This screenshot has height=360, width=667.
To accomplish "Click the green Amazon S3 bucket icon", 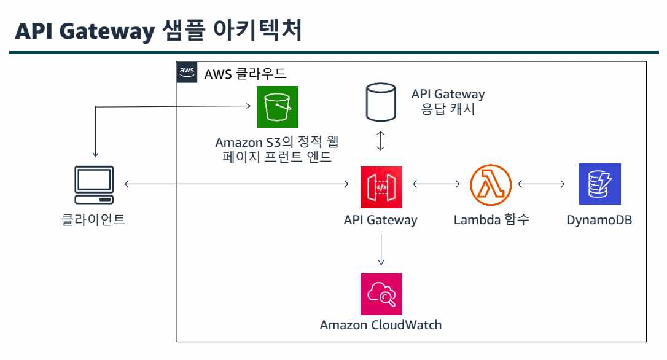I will click(x=277, y=107).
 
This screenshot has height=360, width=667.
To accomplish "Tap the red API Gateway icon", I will click(x=381, y=184).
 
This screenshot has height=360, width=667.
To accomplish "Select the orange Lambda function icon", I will click(x=491, y=184).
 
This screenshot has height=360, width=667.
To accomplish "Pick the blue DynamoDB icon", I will click(x=600, y=184).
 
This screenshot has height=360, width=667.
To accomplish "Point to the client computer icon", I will click(x=94, y=185).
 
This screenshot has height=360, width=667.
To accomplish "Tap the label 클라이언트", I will click(x=94, y=219).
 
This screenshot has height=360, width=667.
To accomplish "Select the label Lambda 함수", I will click(x=491, y=219).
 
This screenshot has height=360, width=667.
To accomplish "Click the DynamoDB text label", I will click(x=599, y=219).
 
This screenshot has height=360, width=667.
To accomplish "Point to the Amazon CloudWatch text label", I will click(x=381, y=325).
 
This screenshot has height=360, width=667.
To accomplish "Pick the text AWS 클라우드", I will click(x=245, y=74).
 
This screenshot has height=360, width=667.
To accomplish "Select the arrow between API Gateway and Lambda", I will click(x=436, y=184).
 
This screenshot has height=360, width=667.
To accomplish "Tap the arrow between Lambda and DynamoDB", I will click(x=541, y=184).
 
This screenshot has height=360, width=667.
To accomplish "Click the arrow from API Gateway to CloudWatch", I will click(x=381, y=249).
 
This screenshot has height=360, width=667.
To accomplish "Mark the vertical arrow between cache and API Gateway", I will click(x=381, y=141).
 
